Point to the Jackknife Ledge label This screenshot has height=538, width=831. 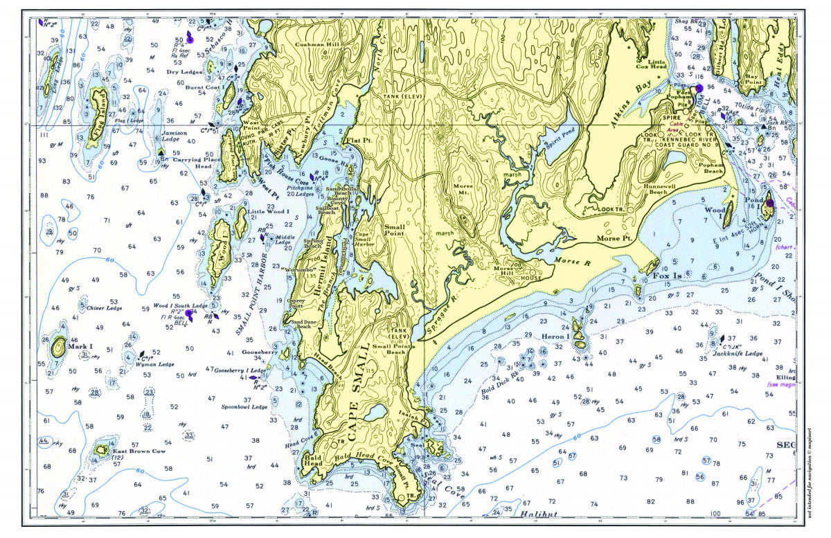coord(738,354)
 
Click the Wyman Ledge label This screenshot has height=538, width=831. coord(157,364)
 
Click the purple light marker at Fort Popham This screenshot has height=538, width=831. coord(699,89)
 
